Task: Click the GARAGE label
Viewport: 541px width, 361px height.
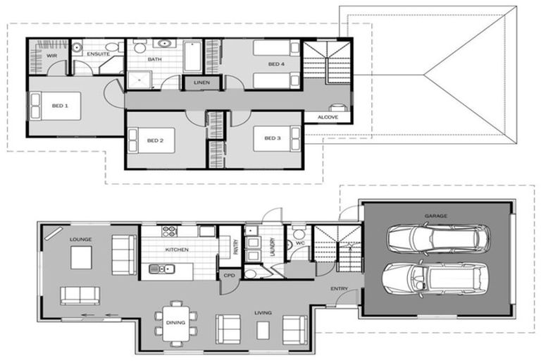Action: click(x=435, y=216)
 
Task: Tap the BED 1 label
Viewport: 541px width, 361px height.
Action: click(x=60, y=106)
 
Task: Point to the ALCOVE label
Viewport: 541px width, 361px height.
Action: click(x=328, y=117)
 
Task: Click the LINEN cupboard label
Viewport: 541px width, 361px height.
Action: click(x=195, y=84)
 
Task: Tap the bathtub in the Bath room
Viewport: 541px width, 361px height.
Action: click(x=193, y=57)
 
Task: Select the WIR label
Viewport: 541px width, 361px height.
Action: click(x=51, y=54)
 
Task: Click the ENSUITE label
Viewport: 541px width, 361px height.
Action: click(x=97, y=54)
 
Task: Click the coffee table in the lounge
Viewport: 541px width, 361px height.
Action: click(x=80, y=258)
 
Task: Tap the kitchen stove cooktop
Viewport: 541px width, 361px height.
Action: click(x=169, y=231)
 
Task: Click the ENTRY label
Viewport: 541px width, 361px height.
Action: click(x=339, y=289)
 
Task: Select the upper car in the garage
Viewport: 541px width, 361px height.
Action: click(x=437, y=238)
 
